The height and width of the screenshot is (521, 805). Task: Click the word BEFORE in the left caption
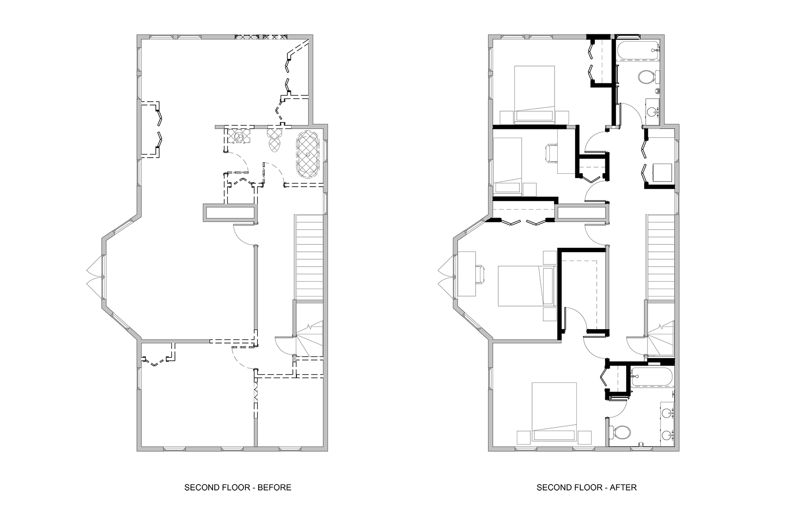pyautogui.click(x=274, y=487)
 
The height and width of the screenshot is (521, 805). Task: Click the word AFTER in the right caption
pyautogui.click(x=623, y=487)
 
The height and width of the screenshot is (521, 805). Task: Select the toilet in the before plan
pyautogui.click(x=274, y=139)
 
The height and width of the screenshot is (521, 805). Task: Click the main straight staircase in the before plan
pyautogui.click(x=309, y=257)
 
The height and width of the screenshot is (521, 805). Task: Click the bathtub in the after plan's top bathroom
pyautogui.click(x=637, y=52)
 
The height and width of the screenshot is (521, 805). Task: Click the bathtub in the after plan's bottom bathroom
pyautogui.click(x=652, y=377)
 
